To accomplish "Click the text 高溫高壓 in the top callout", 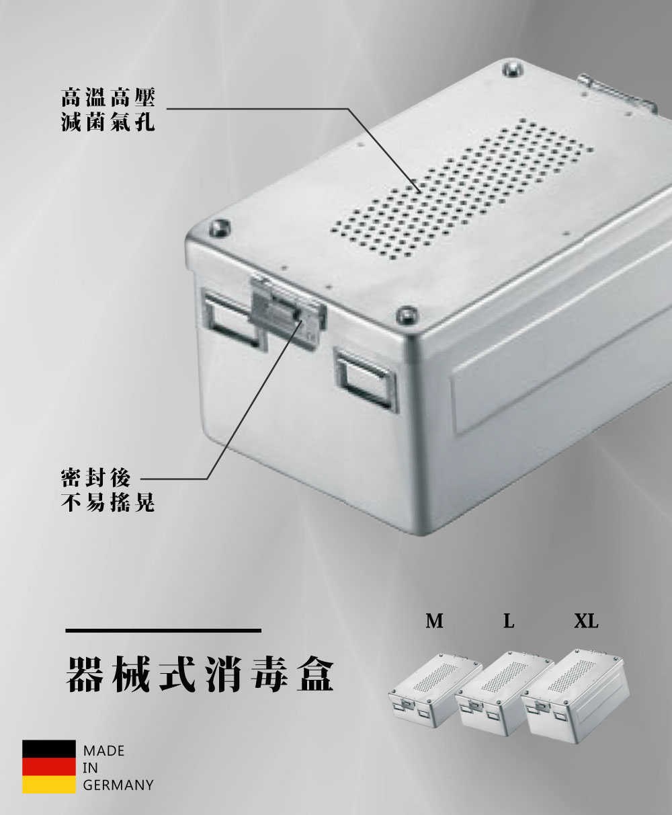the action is (108, 98).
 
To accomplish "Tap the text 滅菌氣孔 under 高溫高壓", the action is (108, 122).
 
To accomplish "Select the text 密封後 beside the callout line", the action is (95, 479).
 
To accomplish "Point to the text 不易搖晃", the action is (108, 503).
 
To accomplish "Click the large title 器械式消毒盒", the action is (200, 674).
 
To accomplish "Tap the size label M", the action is (435, 621).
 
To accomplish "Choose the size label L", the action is (509, 621).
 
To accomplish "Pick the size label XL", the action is (586, 621).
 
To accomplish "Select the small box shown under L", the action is (504, 693).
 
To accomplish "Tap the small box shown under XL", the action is (575, 693).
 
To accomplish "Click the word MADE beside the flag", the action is (103, 750).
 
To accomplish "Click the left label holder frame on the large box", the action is (233, 319).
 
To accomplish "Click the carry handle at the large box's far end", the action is (616, 93).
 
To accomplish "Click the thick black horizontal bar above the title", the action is (163, 630).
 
